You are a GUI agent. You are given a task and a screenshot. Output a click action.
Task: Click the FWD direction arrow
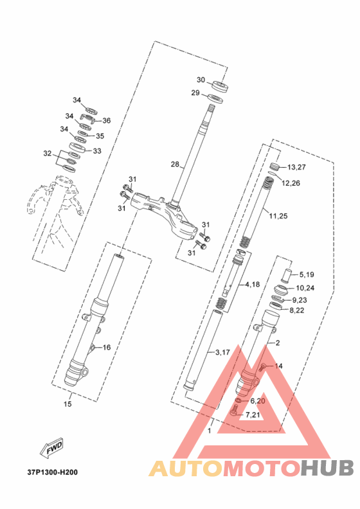click(x=51, y=449)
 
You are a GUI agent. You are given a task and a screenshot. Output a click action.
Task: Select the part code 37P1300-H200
click(x=53, y=472)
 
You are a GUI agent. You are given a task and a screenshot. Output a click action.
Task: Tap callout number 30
click(x=201, y=80)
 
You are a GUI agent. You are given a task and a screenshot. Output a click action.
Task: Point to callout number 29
click(x=195, y=93)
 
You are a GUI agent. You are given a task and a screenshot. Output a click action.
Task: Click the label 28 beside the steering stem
click(x=175, y=165)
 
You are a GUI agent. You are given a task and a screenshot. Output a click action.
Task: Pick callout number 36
click(x=107, y=120)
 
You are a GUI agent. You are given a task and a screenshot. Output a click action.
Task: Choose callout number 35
click(x=100, y=136)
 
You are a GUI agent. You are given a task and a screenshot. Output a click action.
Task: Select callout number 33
click(x=97, y=151)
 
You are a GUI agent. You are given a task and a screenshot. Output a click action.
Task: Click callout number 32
click(x=48, y=153)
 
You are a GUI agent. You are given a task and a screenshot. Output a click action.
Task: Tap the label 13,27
click(x=297, y=167)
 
